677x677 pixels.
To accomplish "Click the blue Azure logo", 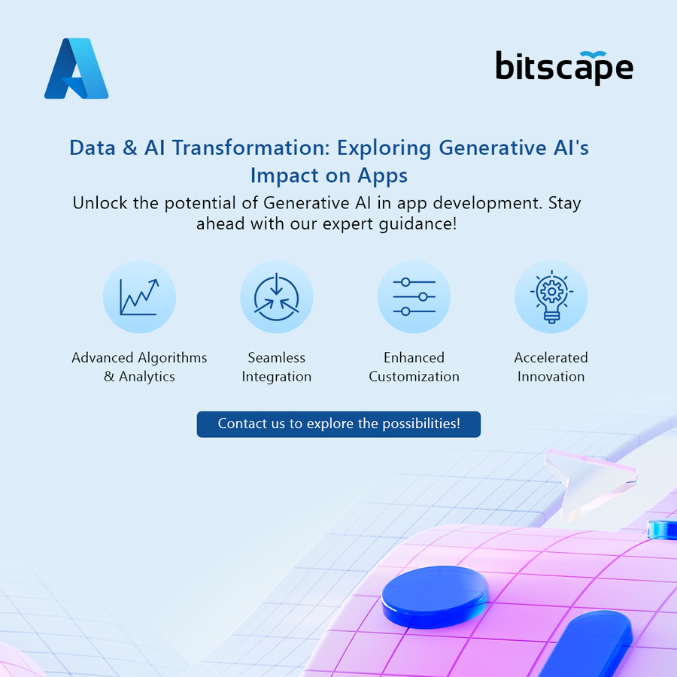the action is tap(77, 68).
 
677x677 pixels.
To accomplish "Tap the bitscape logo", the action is tap(564, 68).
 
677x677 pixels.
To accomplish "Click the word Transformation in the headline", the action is tap(251, 147).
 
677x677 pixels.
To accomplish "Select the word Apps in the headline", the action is tap(383, 176).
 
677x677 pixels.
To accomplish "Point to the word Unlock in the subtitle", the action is tap(100, 203).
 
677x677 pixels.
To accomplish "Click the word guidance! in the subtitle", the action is tap(417, 224).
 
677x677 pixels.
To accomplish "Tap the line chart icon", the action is tap(139, 296).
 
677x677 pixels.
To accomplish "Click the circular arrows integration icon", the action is tap(276, 296).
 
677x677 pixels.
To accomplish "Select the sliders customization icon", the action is tap(414, 296).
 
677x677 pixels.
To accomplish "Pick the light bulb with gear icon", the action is tap(551, 296).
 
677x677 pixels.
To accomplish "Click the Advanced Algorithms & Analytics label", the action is tap(139, 367).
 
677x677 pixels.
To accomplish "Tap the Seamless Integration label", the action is tap(276, 367).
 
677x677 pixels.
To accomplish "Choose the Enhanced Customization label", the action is tap(414, 367).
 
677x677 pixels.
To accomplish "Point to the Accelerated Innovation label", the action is tap(551, 367).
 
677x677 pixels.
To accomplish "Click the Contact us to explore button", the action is tap(338, 424).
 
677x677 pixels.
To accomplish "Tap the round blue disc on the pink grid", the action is tap(436, 597).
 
